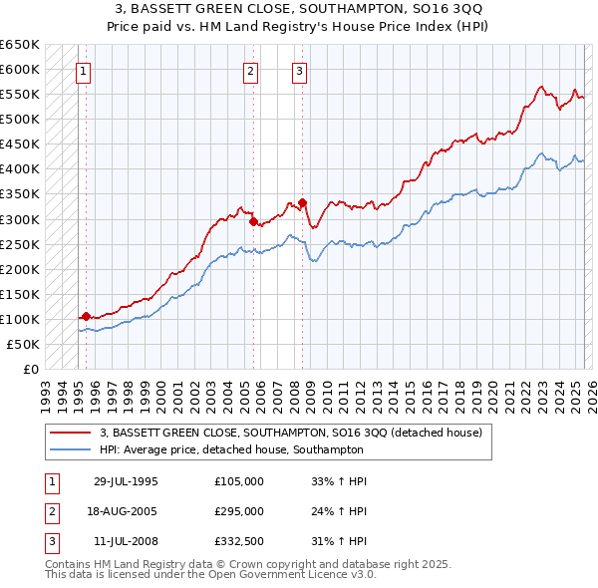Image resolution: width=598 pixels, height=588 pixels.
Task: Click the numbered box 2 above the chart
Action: [x=249, y=71]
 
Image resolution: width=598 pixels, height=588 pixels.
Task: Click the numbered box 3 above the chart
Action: [x=299, y=71]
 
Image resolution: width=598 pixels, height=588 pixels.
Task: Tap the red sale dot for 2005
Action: [x=253, y=221]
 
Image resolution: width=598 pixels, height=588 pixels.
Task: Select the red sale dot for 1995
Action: [x=86, y=316]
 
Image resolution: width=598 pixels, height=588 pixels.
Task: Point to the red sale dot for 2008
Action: [x=302, y=202]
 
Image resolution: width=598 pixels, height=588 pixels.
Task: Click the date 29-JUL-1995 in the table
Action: [x=126, y=481]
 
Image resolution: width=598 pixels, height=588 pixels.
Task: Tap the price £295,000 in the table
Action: [x=239, y=511]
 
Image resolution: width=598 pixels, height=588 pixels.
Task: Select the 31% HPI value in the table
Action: [x=339, y=541]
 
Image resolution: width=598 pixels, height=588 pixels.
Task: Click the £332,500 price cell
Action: [x=239, y=541]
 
